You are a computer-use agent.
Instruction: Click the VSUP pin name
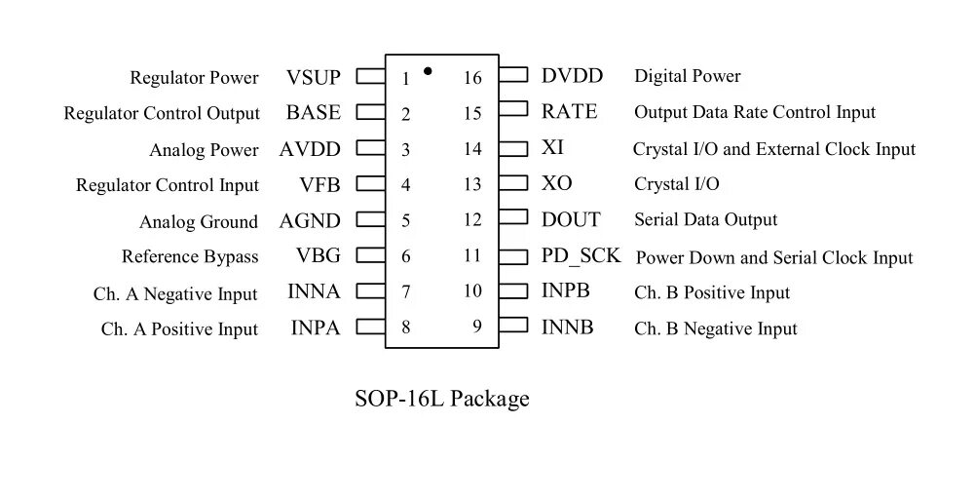tap(314, 78)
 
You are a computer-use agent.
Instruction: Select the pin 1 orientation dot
tap(428, 71)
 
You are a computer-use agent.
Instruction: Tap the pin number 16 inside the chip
tap(472, 78)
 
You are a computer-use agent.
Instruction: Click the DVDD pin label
tap(572, 76)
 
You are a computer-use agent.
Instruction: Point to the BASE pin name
tap(314, 113)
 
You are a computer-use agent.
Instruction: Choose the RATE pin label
tap(569, 112)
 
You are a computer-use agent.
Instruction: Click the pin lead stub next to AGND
tap(370, 220)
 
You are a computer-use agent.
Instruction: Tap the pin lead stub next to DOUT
tap(513, 220)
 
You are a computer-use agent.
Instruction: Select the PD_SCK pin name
tap(581, 256)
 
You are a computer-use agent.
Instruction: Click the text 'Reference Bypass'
tap(190, 257)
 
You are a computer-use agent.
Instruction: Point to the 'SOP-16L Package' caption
tap(442, 399)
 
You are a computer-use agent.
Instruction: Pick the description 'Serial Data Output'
tap(705, 220)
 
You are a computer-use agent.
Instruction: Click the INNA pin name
tap(314, 292)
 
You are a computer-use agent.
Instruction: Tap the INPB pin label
tap(566, 291)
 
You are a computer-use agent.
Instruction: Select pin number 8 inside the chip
tap(405, 327)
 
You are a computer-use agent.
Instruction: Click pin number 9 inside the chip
tap(477, 327)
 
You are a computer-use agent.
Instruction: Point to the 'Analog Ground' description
tap(199, 222)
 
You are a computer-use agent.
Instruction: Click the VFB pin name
tap(319, 184)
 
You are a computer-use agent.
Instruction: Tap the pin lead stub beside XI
tap(513, 148)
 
